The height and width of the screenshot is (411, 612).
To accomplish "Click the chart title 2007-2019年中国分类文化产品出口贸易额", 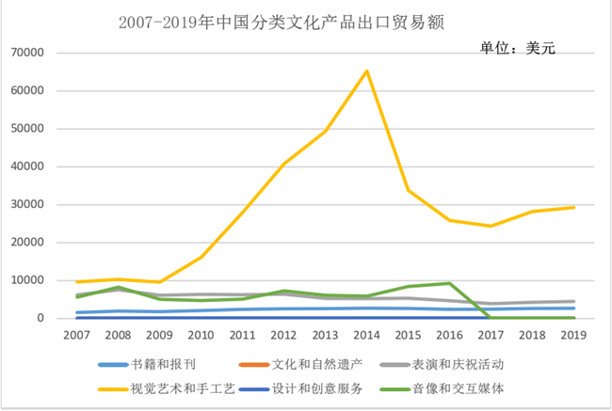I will pos(282,21).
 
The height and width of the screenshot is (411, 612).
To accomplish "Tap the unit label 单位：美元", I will pos(518,48).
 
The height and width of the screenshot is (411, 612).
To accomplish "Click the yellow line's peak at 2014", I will pos(367,71).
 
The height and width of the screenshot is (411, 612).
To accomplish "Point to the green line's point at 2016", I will pos(450,283).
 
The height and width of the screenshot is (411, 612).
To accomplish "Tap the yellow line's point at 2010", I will pos(201,257).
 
